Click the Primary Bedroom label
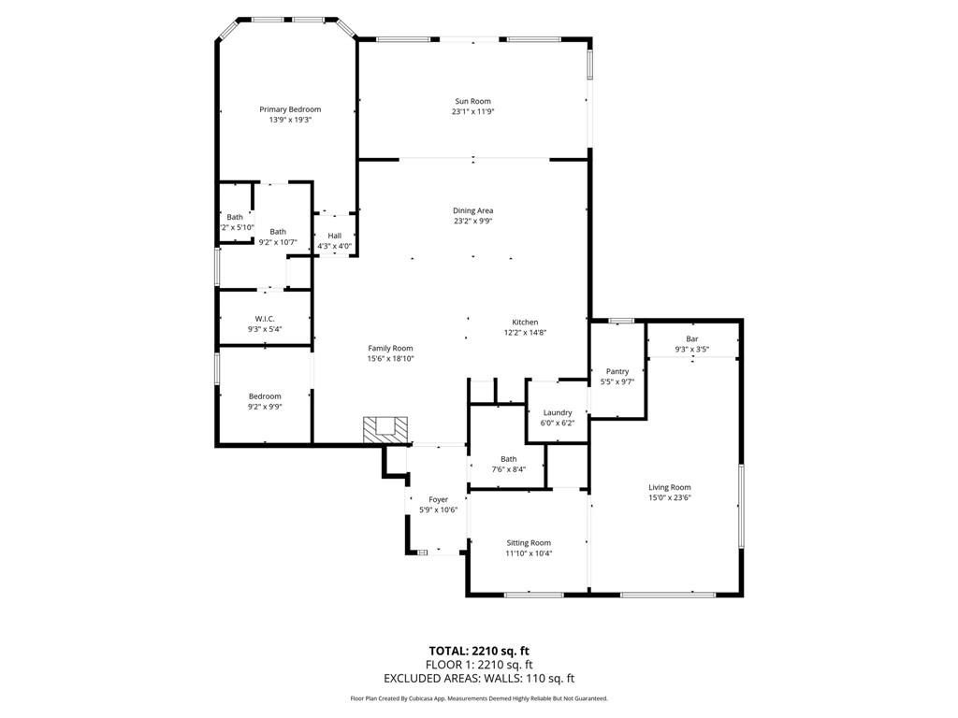point(290,109)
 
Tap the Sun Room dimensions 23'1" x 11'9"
point(472,112)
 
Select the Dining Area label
point(472,210)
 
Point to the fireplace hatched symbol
point(385,430)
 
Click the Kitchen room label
point(525,323)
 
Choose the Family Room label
point(390,348)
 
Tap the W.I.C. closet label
point(265,319)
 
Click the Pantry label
point(617,371)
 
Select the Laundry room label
point(558,412)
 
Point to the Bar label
point(692,338)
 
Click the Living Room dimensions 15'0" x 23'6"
point(670,497)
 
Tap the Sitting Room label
point(529,543)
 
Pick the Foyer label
point(438,499)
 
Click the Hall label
point(334,236)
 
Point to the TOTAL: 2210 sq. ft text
point(479,651)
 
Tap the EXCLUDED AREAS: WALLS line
point(479,679)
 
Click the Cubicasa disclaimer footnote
point(479,698)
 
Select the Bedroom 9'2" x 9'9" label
point(265,396)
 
